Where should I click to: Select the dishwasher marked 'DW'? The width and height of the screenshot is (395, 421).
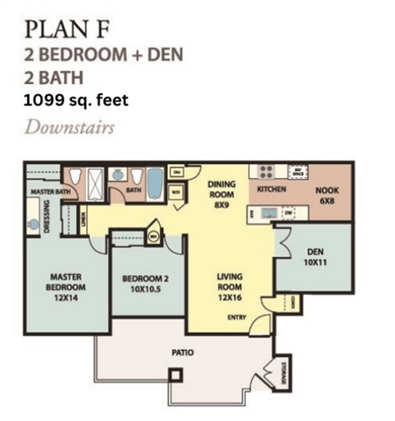point(289,211)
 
